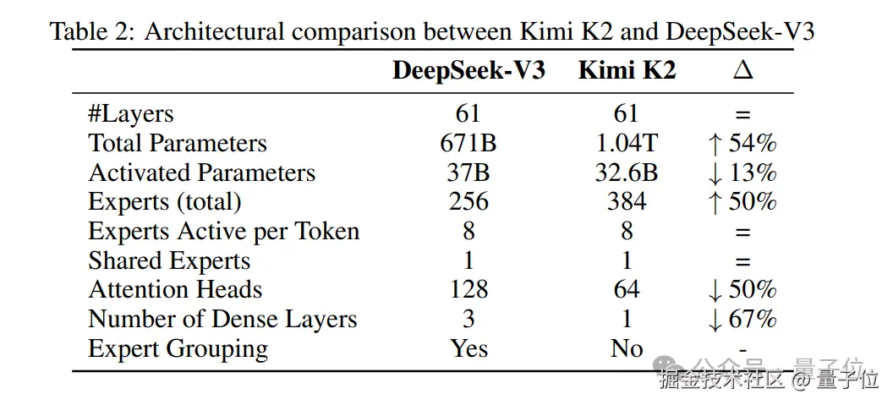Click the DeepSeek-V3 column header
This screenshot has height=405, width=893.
[x=468, y=71]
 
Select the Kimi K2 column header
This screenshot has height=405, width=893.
[x=627, y=71]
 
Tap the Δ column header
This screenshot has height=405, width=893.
[x=742, y=71]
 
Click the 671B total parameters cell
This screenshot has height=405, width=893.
[x=468, y=144]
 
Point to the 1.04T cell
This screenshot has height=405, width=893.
[x=627, y=144]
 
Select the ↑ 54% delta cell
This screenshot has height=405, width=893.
[x=742, y=144]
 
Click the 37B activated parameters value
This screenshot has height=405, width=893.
[x=468, y=173]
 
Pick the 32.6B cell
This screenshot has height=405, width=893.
[x=627, y=173]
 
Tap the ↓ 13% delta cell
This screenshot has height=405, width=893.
[x=742, y=173]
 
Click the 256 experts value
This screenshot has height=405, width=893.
[x=468, y=202]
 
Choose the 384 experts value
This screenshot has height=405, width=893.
[x=627, y=202]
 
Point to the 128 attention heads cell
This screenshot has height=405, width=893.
[x=468, y=290]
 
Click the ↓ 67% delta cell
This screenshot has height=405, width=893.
[x=742, y=320]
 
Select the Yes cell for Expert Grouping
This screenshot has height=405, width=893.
[x=468, y=348]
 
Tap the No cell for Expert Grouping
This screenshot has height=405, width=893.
[x=627, y=348]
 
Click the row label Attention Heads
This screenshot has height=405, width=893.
[x=175, y=290]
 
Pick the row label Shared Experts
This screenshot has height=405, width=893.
[x=169, y=261]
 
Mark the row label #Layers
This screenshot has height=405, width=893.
[x=131, y=114]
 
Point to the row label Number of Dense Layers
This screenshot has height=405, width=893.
[x=222, y=320]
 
